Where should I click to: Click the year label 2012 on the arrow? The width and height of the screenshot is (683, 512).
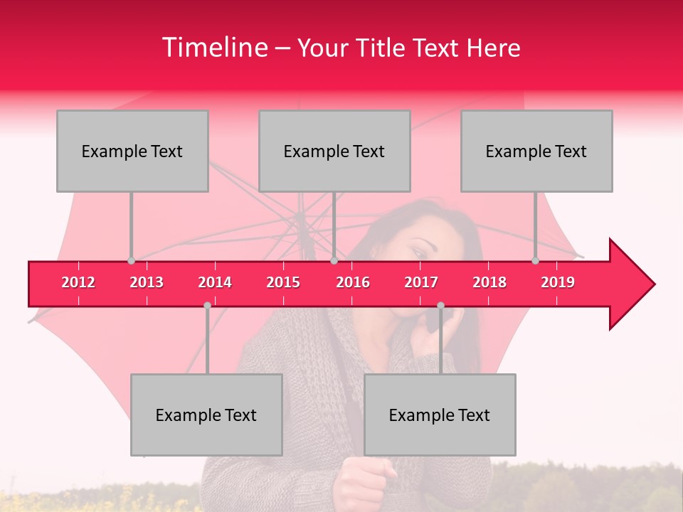click(x=78, y=282)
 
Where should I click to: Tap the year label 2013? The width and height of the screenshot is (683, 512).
click(x=147, y=282)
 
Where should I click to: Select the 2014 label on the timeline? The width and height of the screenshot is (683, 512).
click(x=215, y=282)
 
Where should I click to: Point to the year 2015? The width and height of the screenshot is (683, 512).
click(x=283, y=282)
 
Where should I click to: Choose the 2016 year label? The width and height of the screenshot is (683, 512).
click(x=353, y=282)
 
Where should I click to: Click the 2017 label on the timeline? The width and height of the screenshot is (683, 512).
click(x=421, y=282)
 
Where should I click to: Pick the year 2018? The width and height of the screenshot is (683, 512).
click(x=489, y=282)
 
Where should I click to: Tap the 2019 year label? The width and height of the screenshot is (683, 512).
click(x=558, y=282)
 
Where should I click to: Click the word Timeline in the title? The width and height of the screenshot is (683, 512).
click(x=213, y=48)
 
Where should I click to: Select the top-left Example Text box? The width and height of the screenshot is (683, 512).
click(x=132, y=151)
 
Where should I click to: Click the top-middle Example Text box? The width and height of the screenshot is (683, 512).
click(x=334, y=151)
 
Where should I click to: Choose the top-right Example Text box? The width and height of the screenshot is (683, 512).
click(x=536, y=151)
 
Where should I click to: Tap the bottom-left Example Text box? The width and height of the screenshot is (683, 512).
click(x=206, y=415)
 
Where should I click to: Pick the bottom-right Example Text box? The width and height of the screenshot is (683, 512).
click(x=440, y=415)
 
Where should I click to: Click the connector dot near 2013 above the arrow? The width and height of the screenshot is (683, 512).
click(x=131, y=261)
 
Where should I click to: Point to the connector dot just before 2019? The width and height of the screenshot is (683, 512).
click(x=535, y=261)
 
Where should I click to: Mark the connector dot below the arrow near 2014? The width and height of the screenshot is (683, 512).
click(x=207, y=305)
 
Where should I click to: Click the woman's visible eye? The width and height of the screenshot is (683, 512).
click(x=419, y=252)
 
